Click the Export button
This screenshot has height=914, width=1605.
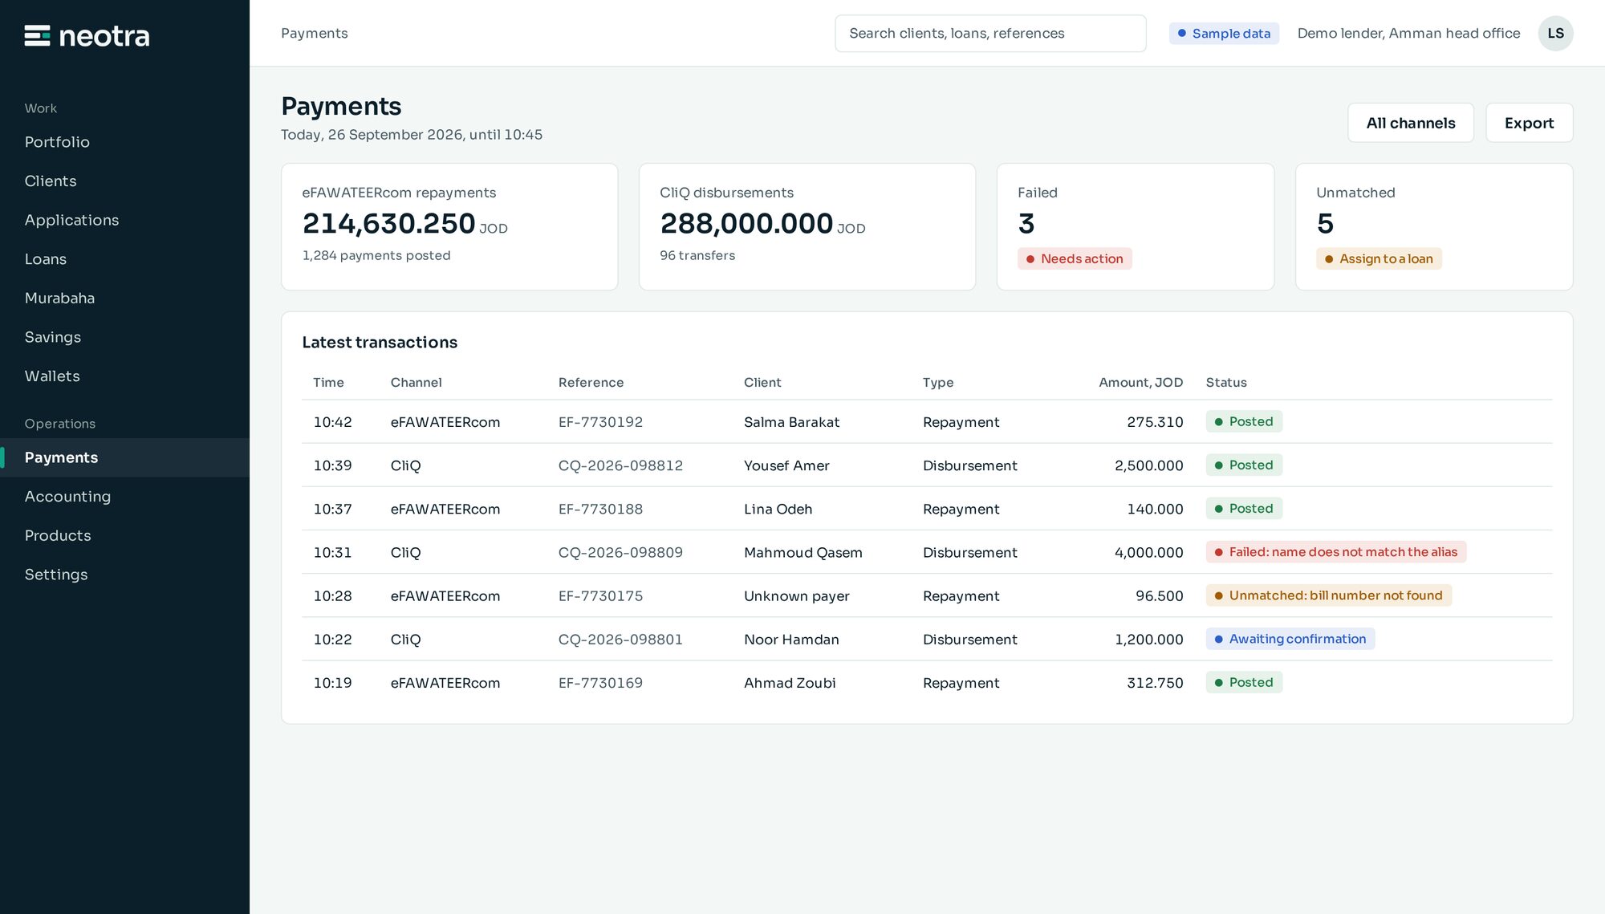1529,123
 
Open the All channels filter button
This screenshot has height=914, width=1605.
1410,123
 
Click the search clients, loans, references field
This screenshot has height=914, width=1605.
990,33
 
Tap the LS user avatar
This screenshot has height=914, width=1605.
1555,33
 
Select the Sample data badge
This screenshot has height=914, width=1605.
1223,33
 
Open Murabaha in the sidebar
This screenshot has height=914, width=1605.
59,298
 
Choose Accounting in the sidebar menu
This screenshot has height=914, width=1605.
67,496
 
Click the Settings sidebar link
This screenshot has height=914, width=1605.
56,575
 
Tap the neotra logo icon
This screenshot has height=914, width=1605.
37,36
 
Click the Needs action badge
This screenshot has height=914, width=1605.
1075,258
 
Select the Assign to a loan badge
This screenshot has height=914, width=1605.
1379,258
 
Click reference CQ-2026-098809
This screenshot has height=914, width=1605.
620,552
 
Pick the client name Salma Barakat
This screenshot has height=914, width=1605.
791,422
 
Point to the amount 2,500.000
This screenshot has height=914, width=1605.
1148,465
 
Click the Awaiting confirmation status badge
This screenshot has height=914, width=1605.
1290,639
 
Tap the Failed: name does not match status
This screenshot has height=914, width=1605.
1335,552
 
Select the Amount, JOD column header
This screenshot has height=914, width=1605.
1140,383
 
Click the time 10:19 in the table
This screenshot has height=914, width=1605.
332,683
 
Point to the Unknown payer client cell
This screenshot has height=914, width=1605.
796,596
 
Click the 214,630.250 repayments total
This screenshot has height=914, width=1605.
388,224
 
